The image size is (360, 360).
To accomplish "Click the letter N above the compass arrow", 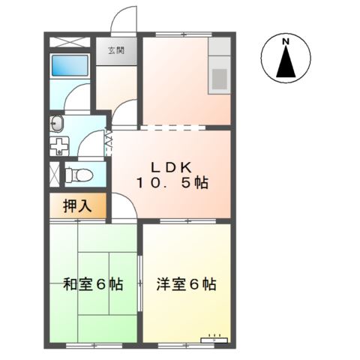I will tap(286, 43).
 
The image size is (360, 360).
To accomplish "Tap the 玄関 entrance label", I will tap(115, 51).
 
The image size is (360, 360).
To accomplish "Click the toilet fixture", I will tap(78, 175).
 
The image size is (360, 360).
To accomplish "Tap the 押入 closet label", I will tap(77, 205).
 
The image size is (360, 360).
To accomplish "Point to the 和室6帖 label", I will tap(92, 284).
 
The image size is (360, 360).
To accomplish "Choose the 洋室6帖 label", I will tap(187, 284).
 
